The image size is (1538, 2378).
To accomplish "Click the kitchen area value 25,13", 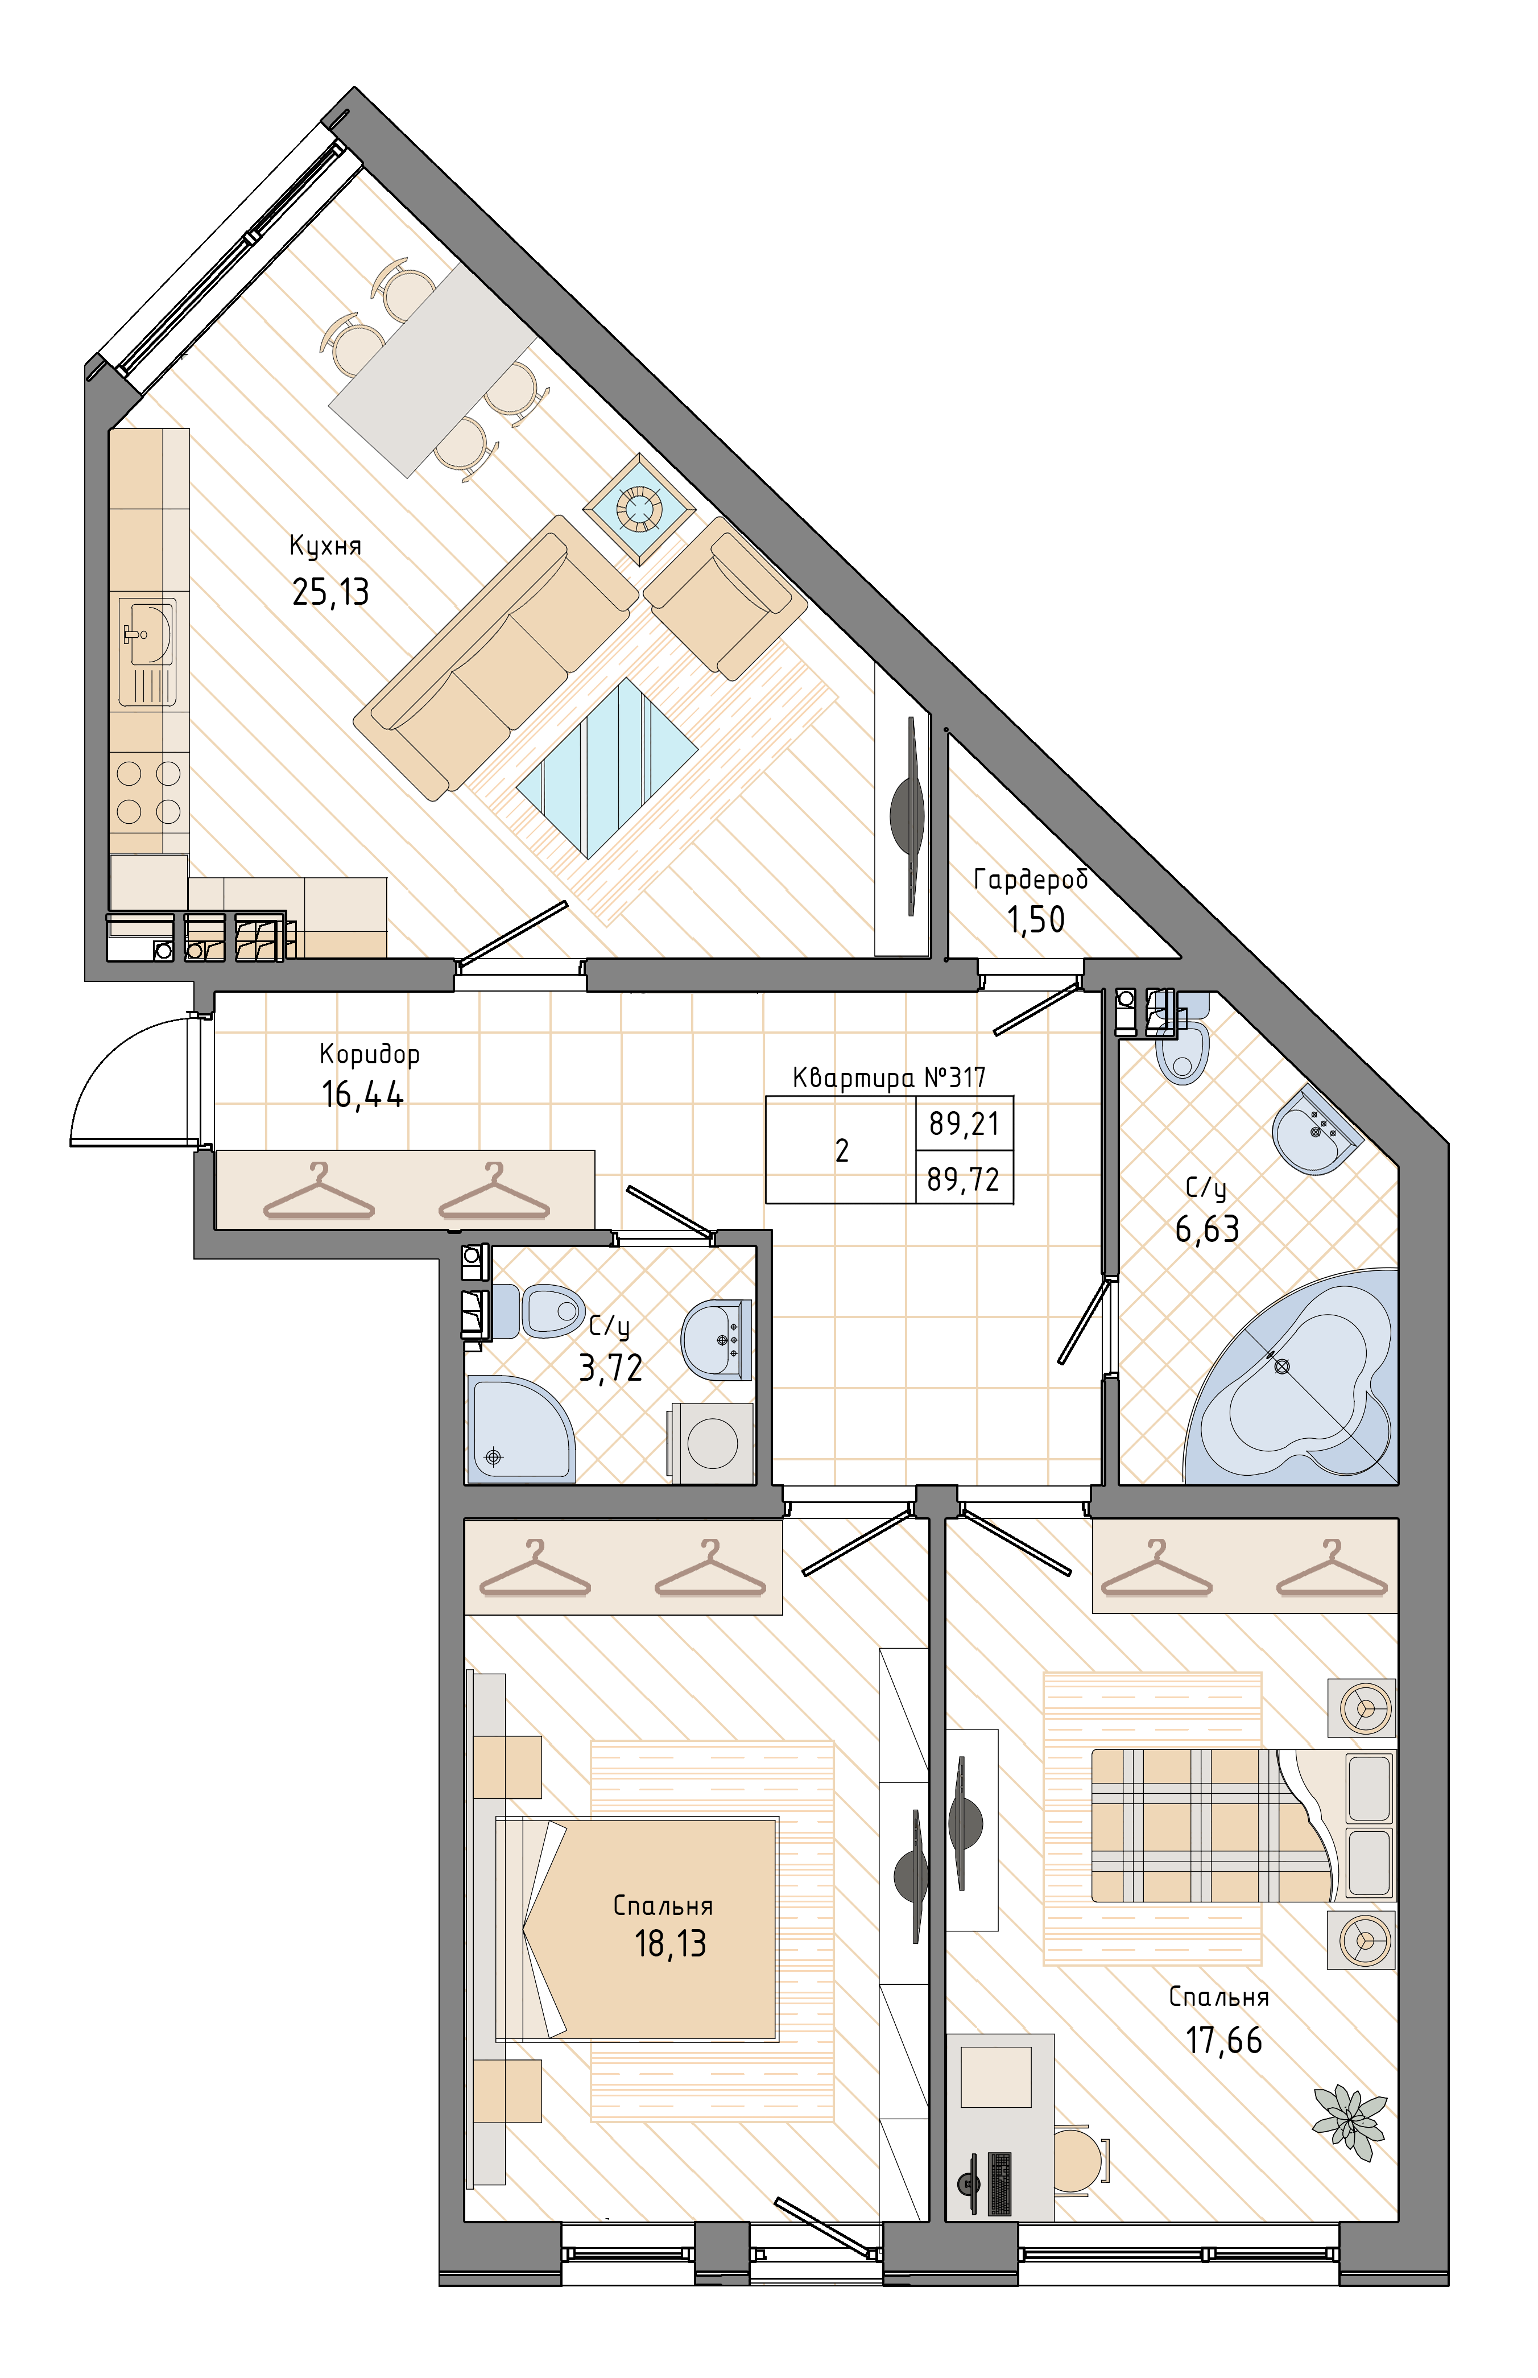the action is tap(330, 592).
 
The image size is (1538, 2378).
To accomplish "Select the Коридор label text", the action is tap(370, 1055).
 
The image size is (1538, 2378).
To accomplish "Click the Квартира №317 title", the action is tap(889, 1077).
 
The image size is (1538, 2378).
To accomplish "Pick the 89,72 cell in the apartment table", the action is tap(963, 1179).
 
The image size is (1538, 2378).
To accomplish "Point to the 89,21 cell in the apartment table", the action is tap(964, 1124).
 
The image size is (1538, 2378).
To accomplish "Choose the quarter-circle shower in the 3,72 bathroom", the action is tap(519, 1428).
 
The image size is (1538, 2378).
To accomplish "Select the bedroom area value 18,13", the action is tap(670, 1943).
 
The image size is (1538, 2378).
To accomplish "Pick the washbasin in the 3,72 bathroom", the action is tap(716, 1339).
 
